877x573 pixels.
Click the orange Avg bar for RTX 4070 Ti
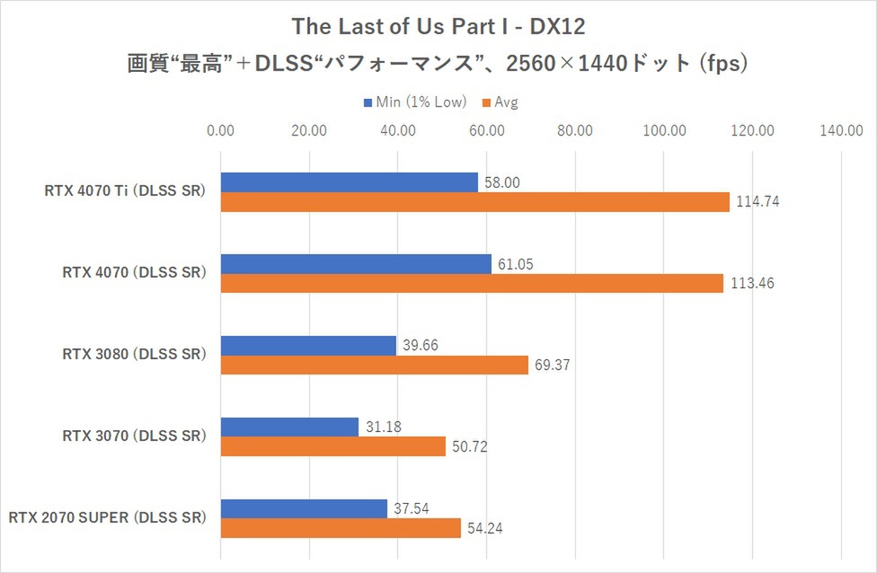pos(474,203)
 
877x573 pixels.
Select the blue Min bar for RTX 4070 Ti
pos(349,182)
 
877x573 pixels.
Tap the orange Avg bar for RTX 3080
pos(374,366)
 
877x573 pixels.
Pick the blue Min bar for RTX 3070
pos(289,427)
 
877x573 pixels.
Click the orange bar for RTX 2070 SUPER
pos(341,528)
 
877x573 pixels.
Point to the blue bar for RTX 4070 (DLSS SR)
pos(356,264)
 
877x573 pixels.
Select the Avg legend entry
pos(506,102)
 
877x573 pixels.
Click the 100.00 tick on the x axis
pos(664,131)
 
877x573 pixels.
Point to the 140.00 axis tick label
pos(841,131)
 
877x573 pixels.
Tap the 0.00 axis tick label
pos(220,131)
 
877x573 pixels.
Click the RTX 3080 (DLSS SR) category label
pos(134,355)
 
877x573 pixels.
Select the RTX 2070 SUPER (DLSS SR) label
pos(108,518)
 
